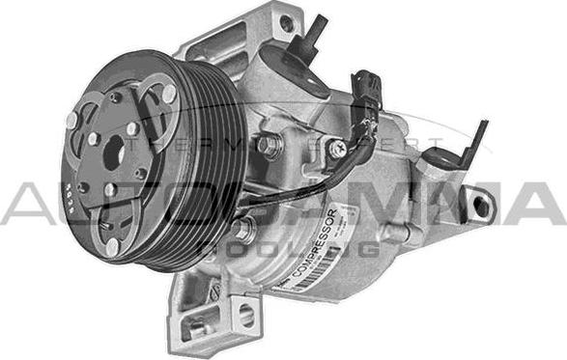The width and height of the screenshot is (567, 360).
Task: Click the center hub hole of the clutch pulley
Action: click(x=113, y=152)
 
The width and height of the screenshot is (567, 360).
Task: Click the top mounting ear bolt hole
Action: click(x=286, y=24)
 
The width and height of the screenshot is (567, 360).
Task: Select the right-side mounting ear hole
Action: click(x=477, y=205)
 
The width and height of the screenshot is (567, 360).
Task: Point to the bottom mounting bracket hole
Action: click(x=246, y=313)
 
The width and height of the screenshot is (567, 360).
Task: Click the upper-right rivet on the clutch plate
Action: click(x=168, y=92)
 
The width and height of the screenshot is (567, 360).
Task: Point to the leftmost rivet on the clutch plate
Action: click(x=71, y=120)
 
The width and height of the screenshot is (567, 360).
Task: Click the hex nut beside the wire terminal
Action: click(x=337, y=150)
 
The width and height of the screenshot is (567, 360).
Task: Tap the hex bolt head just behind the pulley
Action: click(x=269, y=147)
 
